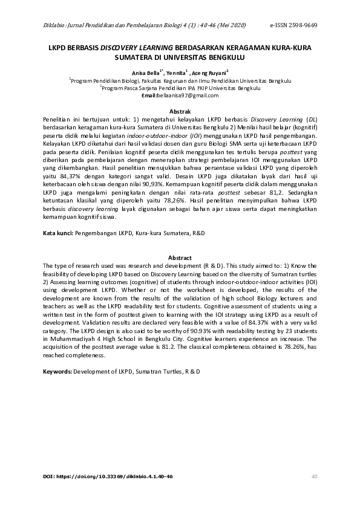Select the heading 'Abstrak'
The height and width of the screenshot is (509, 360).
click(x=180, y=112)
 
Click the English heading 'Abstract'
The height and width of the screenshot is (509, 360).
click(x=180, y=256)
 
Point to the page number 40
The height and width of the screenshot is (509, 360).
click(x=314, y=477)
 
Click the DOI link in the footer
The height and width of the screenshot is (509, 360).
click(x=108, y=477)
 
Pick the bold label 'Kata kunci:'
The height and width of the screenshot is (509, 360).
click(x=58, y=233)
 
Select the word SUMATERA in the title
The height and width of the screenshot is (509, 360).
click(x=131, y=58)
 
